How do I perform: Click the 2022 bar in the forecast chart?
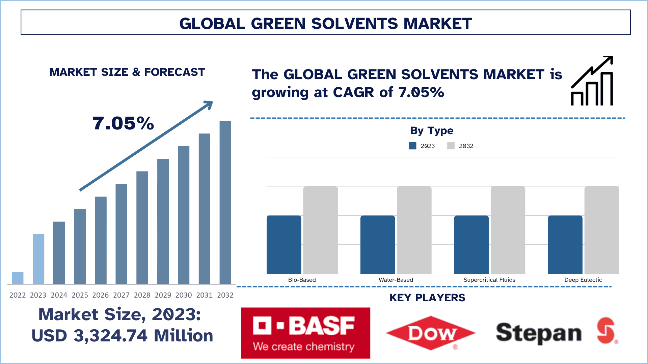click(18, 278)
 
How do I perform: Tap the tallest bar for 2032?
click(225, 202)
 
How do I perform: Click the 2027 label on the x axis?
click(121, 295)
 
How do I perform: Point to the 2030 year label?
click(184, 295)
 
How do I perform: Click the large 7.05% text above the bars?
click(123, 123)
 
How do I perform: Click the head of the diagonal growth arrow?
click(209, 104)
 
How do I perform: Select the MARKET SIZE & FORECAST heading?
click(127, 72)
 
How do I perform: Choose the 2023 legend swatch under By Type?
click(412, 146)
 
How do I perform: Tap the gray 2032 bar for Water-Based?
click(414, 230)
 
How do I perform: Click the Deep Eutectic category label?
click(583, 280)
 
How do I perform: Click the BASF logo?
click(305, 333)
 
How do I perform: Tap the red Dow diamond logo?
click(430, 333)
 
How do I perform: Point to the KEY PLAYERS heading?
click(427, 298)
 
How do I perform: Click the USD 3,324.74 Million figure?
click(122, 336)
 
